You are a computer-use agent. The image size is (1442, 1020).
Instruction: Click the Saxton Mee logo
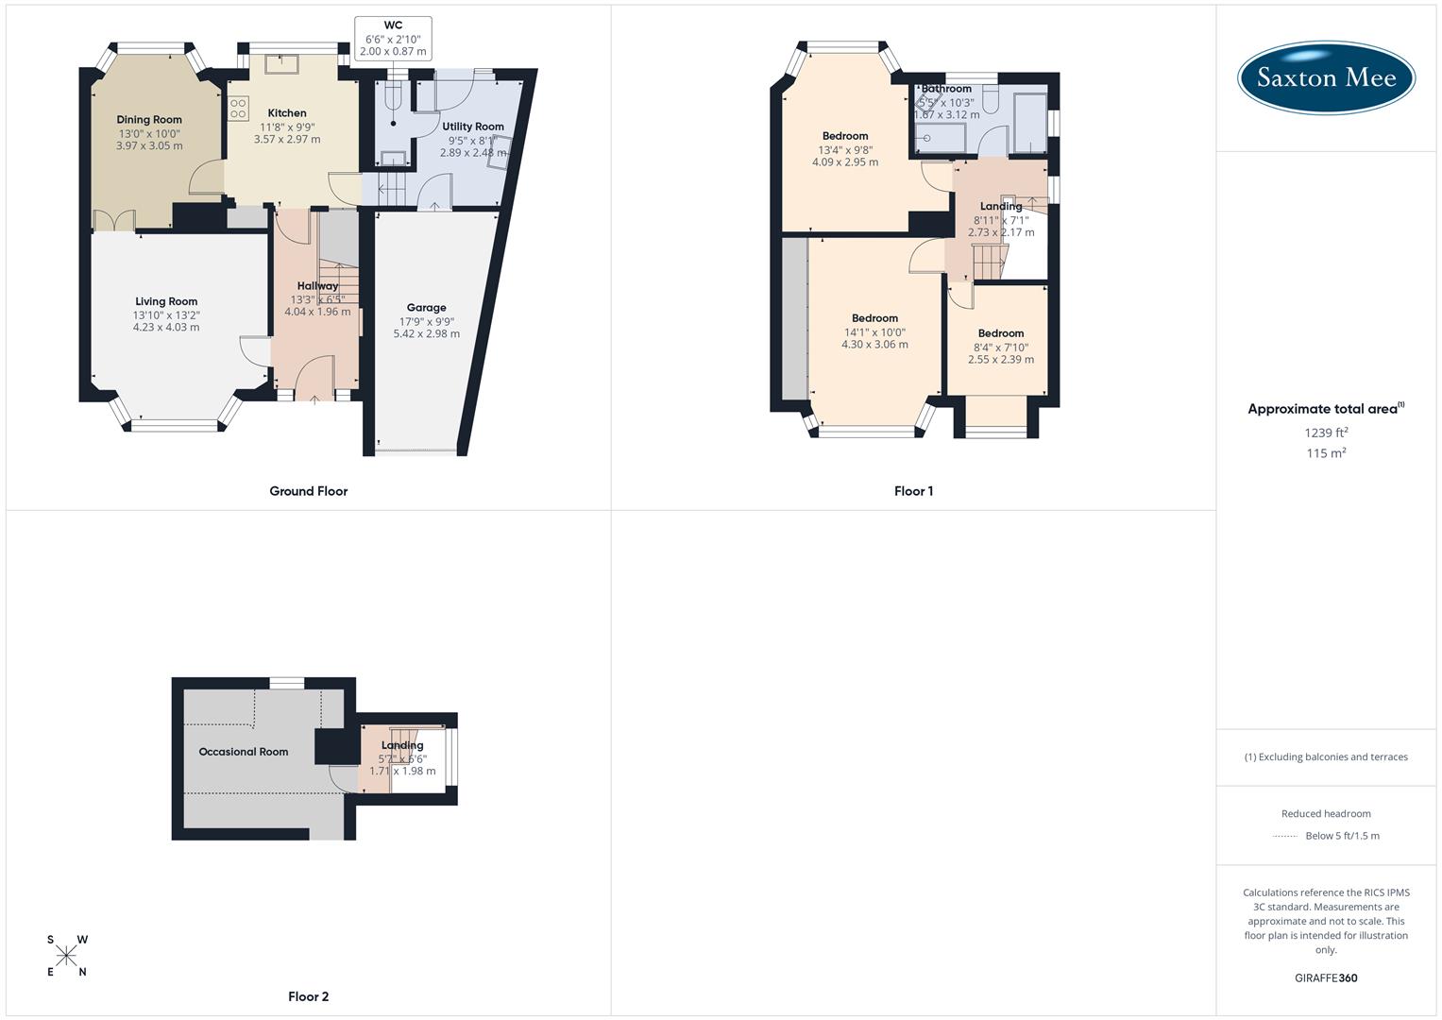[x=1326, y=78]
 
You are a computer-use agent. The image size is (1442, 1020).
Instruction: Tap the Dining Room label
[x=149, y=120]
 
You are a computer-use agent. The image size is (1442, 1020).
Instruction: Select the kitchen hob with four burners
[x=238, y=108]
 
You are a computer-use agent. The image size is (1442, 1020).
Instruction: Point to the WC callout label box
[x=393, y=39]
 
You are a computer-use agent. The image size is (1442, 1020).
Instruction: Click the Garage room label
[x=426, y=308]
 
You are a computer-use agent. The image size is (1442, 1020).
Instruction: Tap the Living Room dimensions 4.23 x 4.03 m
[x=166, y=328]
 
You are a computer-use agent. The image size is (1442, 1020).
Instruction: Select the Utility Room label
[x=473, y=127]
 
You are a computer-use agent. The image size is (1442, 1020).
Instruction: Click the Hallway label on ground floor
[x=317, y=286]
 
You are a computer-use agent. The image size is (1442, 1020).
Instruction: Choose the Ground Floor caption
[x=308, y=491]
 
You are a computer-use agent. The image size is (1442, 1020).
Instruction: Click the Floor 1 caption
[x=913, y=491]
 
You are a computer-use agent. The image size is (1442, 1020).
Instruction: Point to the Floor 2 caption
[x=308, y=996]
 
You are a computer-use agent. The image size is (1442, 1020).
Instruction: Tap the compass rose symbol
[x=66, y=956]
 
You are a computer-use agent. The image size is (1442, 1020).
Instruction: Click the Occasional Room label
[x=243, y=752]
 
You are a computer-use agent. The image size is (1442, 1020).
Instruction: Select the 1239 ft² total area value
[x=1326, y=433]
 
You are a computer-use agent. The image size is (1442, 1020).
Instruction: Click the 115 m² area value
[x=1326, y=453]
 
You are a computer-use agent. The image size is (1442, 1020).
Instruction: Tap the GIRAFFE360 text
[x=1326, y=977]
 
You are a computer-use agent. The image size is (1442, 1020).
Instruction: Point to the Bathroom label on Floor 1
[x=946, y=89]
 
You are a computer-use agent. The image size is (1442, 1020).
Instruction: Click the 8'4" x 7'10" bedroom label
[x=1001, y=347]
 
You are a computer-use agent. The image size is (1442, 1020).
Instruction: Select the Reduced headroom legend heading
[x=1326, y=813]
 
